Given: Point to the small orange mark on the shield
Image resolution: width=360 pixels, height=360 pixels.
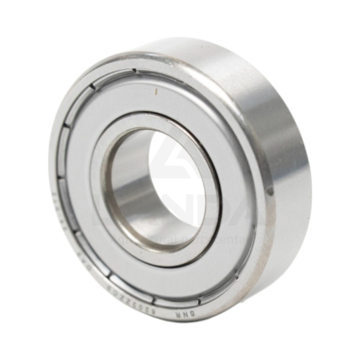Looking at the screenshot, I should click(x=156, y=91).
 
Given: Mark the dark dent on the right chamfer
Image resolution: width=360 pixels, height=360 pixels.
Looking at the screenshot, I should click(x=269, y=191).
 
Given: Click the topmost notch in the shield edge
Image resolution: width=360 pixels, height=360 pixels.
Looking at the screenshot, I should click(x=134, y=71).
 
